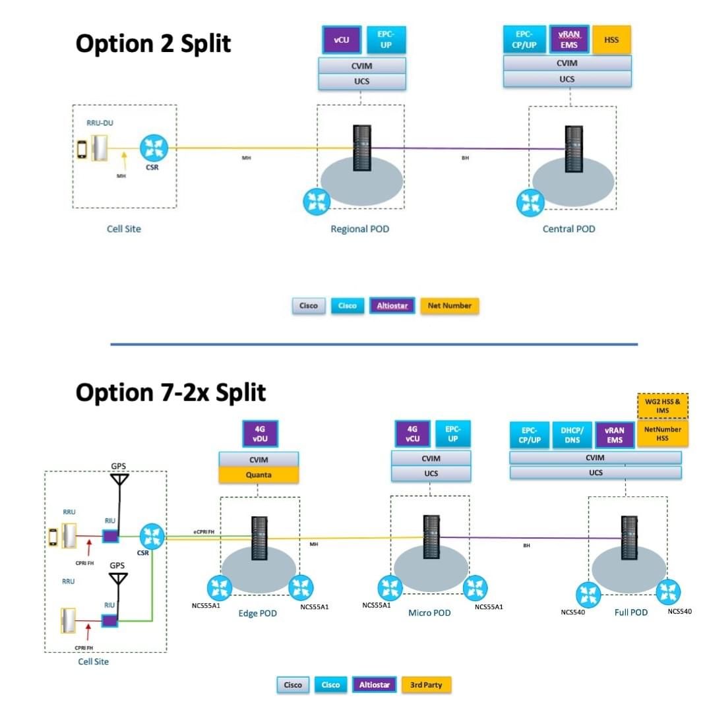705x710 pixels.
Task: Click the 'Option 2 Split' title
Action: pos(153,44)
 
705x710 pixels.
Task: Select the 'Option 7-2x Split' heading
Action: pos(170,392)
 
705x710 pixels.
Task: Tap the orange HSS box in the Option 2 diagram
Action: pos(611,40)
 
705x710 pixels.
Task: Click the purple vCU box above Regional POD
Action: pos(341,40)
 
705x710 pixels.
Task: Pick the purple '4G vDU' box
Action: pos(261,435)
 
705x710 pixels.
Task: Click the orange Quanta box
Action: pos(259,474)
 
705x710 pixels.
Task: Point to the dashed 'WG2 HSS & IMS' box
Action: pos(662,406)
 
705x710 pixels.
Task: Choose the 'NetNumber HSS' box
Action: pos(662,434)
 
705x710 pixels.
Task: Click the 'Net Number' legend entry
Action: pos(449,306)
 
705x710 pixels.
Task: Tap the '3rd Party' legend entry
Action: pos(426,685)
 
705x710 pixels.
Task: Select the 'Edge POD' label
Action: pos(257,614)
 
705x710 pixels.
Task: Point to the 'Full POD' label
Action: pos(631,612)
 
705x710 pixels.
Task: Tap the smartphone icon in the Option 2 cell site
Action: pos(82,148)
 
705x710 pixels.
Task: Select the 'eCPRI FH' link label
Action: pos(203,531)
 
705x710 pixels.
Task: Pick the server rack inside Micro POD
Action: pos(431,535)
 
